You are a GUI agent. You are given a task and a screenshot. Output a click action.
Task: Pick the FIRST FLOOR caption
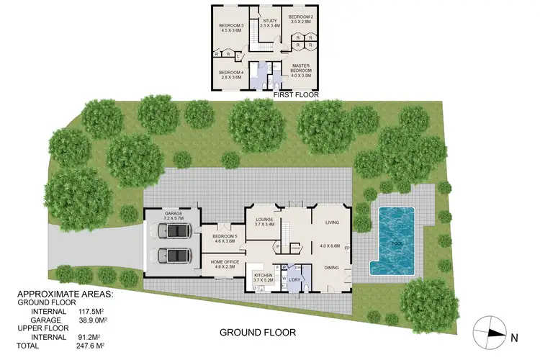[295, 94]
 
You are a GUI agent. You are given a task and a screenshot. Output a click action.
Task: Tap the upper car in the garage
[174, 232]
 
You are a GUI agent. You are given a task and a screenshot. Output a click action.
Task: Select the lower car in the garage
[174, 256]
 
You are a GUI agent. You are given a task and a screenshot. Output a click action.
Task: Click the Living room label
[331, 222]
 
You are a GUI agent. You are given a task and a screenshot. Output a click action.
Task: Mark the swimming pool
[392, 240]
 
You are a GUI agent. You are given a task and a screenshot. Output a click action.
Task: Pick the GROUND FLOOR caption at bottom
[257, 333]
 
